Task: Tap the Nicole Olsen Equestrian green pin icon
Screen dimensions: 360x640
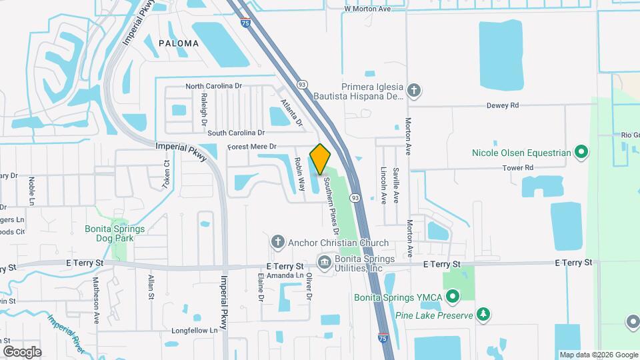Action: point(581,153)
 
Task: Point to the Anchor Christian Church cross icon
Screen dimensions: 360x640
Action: point(278,242)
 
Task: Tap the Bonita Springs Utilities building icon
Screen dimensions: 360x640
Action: point(325,263)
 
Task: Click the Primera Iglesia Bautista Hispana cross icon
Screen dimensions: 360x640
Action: point(413,91)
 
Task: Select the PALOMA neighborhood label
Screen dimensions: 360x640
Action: point(179,43)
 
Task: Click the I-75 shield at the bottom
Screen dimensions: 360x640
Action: point(384,338)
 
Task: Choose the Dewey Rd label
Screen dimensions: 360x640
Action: point(502,105)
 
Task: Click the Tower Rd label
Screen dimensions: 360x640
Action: point(518,168)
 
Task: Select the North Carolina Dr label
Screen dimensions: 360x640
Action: point(213,87)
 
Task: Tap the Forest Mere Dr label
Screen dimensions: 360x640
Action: point(251,147)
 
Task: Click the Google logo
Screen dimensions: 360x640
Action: point(21,351)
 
